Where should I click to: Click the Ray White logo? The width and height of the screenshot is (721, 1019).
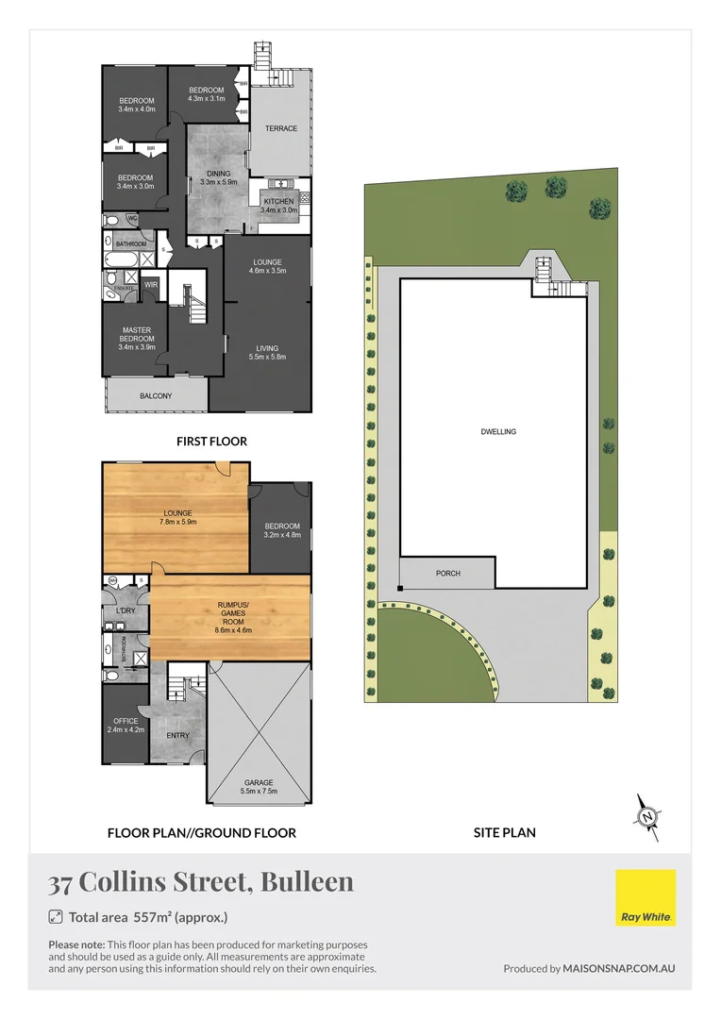[646, 899]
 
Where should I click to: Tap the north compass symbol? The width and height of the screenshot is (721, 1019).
[647, 816]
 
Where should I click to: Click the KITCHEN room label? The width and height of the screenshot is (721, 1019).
[278, 206]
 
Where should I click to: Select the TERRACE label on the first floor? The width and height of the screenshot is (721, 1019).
[280, 128]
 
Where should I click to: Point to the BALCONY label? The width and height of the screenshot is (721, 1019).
[156, 396]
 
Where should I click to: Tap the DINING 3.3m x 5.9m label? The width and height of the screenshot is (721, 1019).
[219, 178]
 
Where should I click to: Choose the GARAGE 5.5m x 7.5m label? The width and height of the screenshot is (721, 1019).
[259, 787]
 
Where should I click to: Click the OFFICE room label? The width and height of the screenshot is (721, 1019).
[126, 726]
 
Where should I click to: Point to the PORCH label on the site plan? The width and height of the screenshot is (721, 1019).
[448, 574]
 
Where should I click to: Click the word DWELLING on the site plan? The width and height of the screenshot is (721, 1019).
[497, 432]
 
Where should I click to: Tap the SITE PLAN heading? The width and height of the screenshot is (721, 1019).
[504, 833]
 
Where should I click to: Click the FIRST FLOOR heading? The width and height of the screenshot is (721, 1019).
[211, 441]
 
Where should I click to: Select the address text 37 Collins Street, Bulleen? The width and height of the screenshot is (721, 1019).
[201, 882]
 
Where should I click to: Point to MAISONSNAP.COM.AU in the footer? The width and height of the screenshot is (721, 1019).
[619, 968]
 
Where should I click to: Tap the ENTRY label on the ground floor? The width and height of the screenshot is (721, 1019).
[177, 735]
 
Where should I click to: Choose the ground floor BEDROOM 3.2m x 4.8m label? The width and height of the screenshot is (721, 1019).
[281, 530]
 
